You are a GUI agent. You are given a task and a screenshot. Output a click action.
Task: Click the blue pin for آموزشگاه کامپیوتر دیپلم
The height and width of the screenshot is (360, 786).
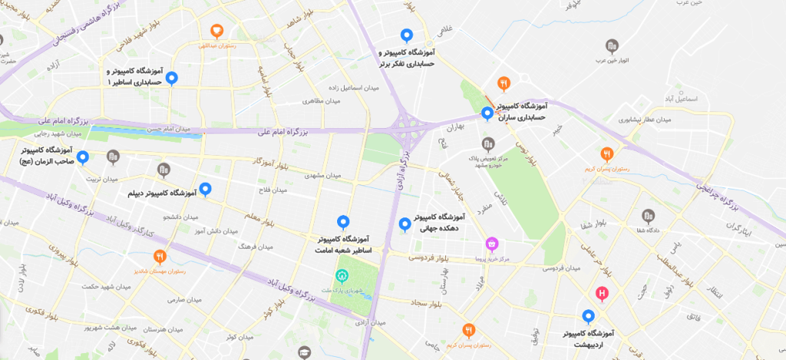pyautogui.click(x=205, y=189)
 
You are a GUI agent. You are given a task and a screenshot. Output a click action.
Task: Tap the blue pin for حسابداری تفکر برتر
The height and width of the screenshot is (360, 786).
pyautogui.click(x=407, y=35)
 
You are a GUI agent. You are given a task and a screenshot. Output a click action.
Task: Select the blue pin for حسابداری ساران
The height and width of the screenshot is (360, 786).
pyautogui.click(x=487, y=114)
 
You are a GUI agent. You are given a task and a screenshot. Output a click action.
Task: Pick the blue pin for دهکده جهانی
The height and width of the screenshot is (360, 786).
pyautogui.click(x=405, y=224)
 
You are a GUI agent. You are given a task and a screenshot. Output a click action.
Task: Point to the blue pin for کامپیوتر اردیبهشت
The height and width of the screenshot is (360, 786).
pyautogui.click(x=588, y=315)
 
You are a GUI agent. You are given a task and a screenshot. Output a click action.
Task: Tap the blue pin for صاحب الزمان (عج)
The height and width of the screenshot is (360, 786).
pyautogui.click(x=83, y=157)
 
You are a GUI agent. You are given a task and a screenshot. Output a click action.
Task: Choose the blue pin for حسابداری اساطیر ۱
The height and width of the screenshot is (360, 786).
pyautogui.click(x=172, y=78)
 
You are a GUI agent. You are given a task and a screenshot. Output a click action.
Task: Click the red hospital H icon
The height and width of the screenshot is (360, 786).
pyautogui.click(x=603, y=293)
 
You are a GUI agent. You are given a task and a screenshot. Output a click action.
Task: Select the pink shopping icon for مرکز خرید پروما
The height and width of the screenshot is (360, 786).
pyautogui.click(x=492, y=245)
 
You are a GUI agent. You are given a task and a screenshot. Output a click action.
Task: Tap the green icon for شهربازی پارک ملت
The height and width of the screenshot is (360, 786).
pyautogui.click(x=342, y=276)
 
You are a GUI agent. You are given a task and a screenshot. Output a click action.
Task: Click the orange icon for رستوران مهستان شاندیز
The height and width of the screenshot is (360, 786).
pyautogui.click(x=160, y=256)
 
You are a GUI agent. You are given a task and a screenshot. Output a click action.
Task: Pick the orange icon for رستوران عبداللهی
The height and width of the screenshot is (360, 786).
pyautogui.click(x=217, y=31)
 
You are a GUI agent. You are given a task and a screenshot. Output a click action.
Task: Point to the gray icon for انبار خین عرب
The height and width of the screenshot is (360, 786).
pyautogui.click(x=612, y=46)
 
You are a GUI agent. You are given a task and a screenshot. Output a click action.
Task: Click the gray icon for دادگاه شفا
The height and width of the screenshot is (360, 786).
pyautogui.click(x=648, y=215)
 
